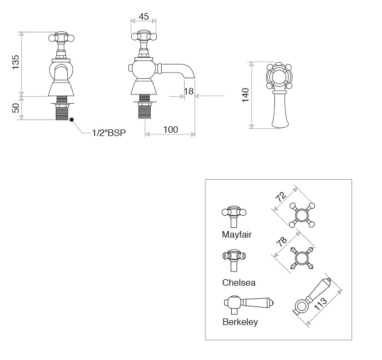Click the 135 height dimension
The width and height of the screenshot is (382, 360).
[x=16, y=62]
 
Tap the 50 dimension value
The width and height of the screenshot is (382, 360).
[x=16, y=108]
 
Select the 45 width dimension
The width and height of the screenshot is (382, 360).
[x=144, y=16]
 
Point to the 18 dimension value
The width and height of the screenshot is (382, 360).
[x=189, y=91]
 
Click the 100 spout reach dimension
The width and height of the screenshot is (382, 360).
[x=171, y=129]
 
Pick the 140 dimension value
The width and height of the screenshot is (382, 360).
[x=245, y=95]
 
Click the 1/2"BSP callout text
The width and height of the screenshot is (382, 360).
[x=109, y=133]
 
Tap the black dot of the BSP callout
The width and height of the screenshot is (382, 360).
[x=72, y=120]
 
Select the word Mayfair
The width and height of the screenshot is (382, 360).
[x=237, y=234]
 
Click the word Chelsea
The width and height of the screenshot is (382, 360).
[x=239, y=282]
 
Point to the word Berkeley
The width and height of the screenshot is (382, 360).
[x=240, y=322]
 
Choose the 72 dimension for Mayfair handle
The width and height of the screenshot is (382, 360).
[x=281, y=197]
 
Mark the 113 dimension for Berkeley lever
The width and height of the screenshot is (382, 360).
[x=321, y=304]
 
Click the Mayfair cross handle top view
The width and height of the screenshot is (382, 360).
[x=302, y=215]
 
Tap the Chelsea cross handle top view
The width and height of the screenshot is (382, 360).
[x=302, y=258]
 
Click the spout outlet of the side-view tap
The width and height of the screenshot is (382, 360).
[x=190, y=78]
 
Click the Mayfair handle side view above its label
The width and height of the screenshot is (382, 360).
[x=234, y=216]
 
